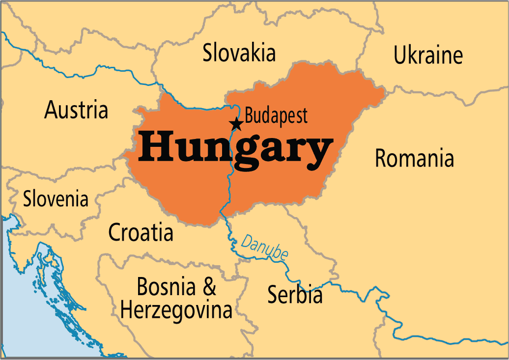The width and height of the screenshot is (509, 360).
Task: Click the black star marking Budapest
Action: click(236, 124)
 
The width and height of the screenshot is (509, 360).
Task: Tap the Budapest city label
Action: click(276, 116)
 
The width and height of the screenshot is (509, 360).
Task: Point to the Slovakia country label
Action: click(239, 53)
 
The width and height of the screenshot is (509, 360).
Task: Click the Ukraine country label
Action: click(428, 55)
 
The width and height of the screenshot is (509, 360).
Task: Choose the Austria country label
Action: click(76, 110)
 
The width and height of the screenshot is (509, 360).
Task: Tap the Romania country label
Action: click(414, 159)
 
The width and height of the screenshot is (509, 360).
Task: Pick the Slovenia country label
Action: click(56, 199)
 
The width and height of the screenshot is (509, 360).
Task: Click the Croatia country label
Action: click(141, 232)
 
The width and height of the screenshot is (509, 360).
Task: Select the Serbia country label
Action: click(295, 295)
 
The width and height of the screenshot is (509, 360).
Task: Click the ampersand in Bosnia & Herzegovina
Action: click(209, 287)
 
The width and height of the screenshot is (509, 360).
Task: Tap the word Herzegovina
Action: click(176, 310)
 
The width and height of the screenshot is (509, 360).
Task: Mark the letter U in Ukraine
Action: click(400, 55)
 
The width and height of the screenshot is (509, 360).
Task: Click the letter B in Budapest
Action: click(249, 116)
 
